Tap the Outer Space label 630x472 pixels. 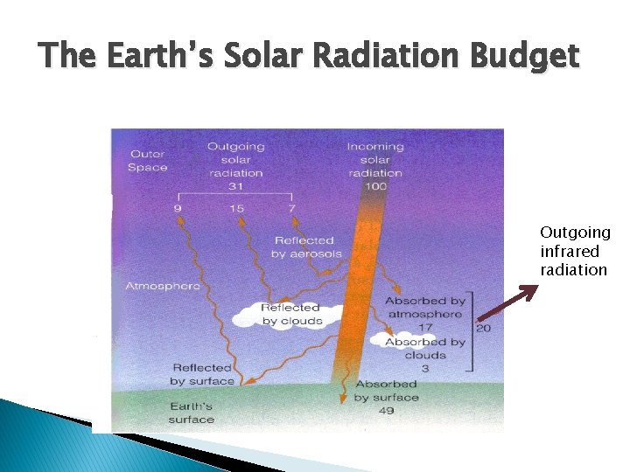click(x=147, y=161)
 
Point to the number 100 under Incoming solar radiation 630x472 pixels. click(x=375, y=186)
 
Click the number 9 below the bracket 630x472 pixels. click(x=178, y=208)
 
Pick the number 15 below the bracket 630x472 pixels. click(x=236, y=208)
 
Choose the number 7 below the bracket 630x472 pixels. click(x=291, y=208)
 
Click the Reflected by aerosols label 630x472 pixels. click(x=304, y=246)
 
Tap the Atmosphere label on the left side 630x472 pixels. click(x=163, y=286)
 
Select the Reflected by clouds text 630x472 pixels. click(x=290, y=314)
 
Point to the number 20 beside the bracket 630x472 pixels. click(x=482, y=328)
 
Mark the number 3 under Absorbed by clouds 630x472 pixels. click(x=424, y=368)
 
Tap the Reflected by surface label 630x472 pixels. click(x=202, y=374)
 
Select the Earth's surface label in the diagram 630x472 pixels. click(x=190, y=413)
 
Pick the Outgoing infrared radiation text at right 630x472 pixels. click(x=574, y=251)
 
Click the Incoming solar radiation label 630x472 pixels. click(x=375, y=160)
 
